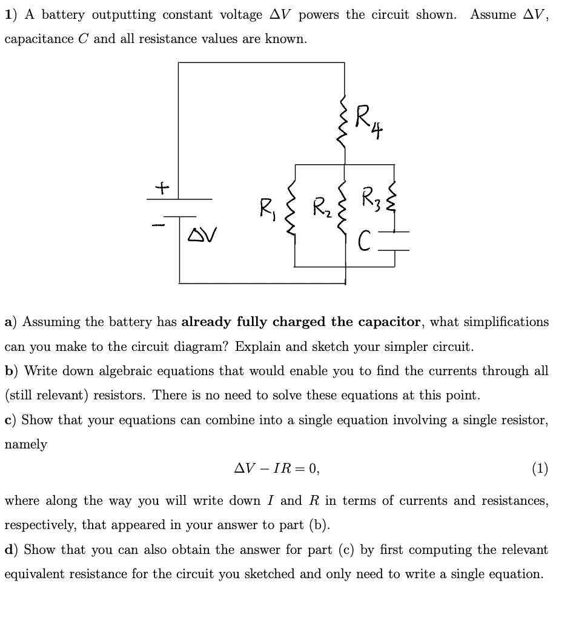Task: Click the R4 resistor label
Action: click(x=368, y=120)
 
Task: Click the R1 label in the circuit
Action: click(x=267, y=212)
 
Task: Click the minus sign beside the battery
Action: click(x=158, y=225)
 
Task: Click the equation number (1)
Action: click(x=540, y=468)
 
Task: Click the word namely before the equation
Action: click(x=25, y=444)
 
